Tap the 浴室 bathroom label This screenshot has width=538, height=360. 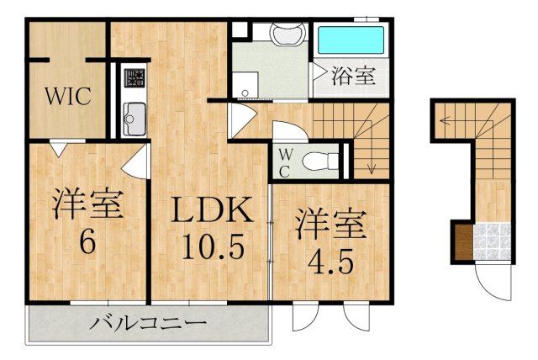point(352,75)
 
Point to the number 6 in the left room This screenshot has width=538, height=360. point(87,242)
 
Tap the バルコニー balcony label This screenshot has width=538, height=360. point(149,323)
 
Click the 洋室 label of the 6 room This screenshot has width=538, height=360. point(87,205)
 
